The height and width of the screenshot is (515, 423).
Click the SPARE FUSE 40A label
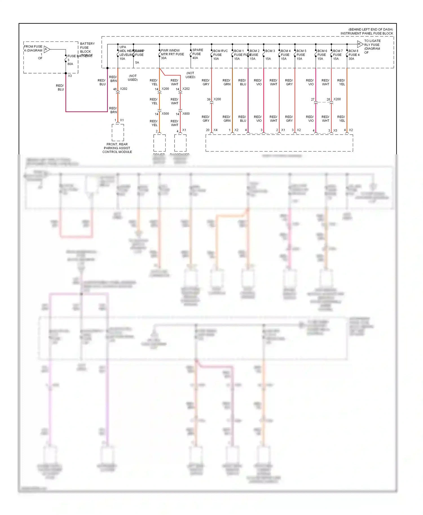coord(197,54)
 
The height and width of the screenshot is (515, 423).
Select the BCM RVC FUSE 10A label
coord(220,55)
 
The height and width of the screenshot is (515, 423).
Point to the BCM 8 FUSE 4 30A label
coord(354,55)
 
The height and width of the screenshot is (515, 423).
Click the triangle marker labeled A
coord(47,49)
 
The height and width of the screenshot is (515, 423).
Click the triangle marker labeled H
coord(360,44)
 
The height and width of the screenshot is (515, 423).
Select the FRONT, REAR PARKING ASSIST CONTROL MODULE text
coord(117,148)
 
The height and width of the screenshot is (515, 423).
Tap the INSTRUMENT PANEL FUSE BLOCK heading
coord(366,33)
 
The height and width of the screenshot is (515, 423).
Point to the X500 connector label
coord(165,114)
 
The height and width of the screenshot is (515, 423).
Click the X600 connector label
coord(186,114)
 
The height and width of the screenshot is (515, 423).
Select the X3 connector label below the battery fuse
coord(70,76)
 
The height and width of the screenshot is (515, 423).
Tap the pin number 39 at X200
coord(209,99)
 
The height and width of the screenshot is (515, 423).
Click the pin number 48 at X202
coord(115,89)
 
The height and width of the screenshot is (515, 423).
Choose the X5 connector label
coord(335,130)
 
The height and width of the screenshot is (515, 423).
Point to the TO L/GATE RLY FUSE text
coord(372,43)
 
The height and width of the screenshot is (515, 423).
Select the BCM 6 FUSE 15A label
coord(322,55)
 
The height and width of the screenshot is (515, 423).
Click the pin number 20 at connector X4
coord(208,130)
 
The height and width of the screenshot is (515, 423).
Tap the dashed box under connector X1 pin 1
coord(118,132)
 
